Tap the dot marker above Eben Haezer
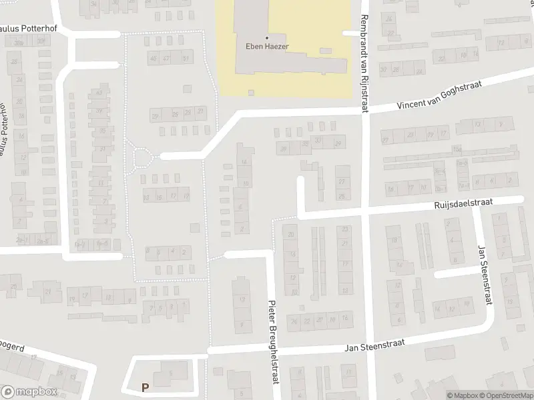point(267,37)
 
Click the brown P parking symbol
point(145,387)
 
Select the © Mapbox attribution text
point(462,395)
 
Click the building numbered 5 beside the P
point(170,373)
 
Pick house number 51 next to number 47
point(186,59)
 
